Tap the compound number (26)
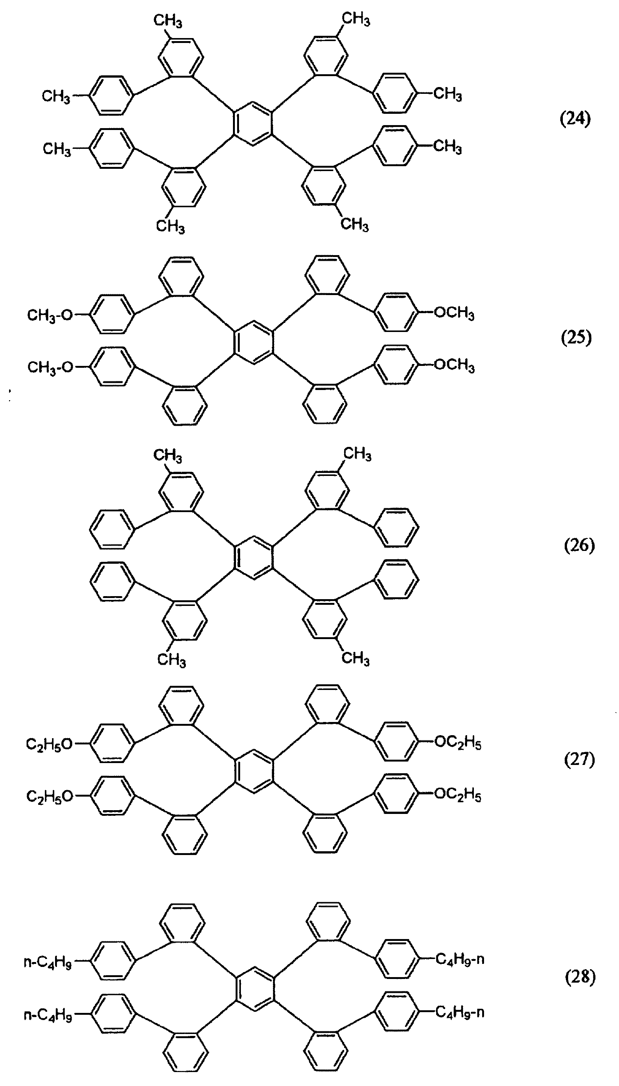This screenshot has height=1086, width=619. (x=579, y=546)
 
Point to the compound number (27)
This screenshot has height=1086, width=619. (x=579, y=759)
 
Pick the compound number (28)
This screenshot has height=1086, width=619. (x=580, y=977)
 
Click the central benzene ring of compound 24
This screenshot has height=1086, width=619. (x=253, y=124)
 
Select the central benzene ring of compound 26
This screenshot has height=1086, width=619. (x=253, y=557)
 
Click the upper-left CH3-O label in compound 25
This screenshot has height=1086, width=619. (x=50, y=315)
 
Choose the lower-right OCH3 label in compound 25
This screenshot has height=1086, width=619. (x=454, y=365)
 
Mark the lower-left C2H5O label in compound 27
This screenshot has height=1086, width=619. (x=50, y=796)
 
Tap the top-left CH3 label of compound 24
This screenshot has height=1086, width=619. (x=168, y=21)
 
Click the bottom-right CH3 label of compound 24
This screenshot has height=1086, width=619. (x=355, y=224)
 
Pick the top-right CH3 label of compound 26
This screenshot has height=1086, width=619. (x=357, y=454)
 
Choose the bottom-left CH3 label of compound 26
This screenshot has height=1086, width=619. (x=171, y=659)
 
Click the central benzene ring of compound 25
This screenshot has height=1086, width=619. (x=253, y=342)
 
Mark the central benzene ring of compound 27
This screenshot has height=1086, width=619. (x=253, y=771)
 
